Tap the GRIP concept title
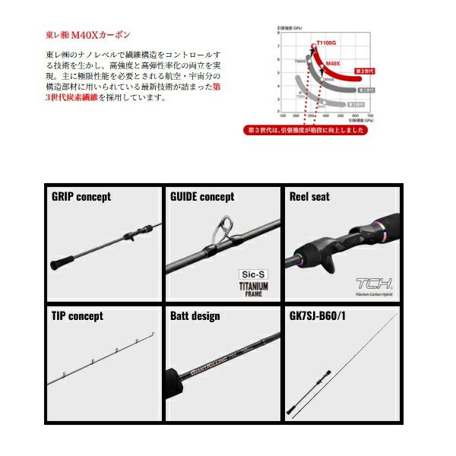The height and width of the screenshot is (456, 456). pos(81,197)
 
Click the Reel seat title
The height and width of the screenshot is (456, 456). pos(309,197)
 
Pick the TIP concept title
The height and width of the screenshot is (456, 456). pos(77,315)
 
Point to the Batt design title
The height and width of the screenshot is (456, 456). pos(195,315)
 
